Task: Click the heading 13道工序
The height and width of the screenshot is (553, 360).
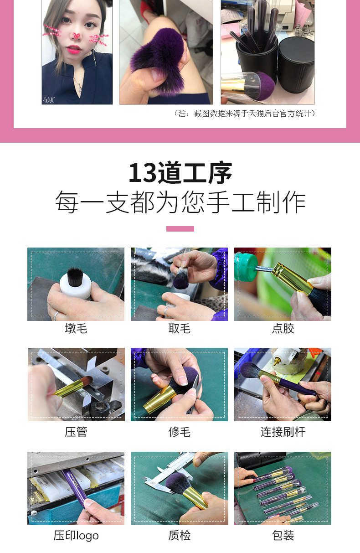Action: [180, 173]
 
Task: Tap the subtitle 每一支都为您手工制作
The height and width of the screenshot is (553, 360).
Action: [180, 202]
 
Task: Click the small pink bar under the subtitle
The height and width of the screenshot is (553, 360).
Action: [180, 229]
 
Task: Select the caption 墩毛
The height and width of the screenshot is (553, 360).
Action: [76, 329]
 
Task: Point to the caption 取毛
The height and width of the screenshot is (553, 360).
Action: [180, 329]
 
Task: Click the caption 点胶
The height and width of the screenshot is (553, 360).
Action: [283, 329]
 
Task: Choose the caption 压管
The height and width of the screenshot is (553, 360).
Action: [76, 432]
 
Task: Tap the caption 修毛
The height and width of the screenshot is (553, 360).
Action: [180, 432]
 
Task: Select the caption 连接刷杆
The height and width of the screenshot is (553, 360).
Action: [283, 432]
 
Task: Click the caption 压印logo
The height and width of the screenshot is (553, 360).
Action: [76, 536]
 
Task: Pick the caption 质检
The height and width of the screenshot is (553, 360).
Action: [180, 536]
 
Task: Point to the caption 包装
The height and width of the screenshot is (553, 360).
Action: [283, 536]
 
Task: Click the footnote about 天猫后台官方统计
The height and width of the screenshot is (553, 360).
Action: [245, 114]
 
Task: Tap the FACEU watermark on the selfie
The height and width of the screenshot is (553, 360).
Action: [49, 100]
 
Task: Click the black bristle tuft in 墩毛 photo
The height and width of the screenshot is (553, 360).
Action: [75, 277]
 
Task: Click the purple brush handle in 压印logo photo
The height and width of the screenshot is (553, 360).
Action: [75, 488]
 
